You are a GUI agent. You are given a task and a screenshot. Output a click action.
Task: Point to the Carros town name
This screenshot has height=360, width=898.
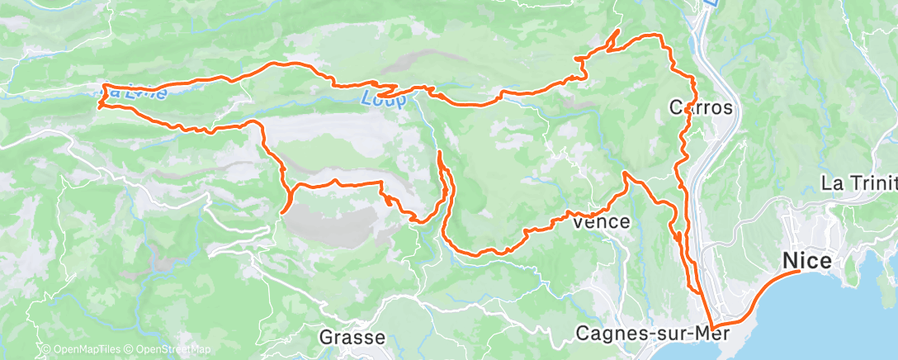tap(700, 107)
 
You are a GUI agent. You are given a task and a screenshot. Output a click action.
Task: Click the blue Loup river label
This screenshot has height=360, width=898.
tap(383, 100)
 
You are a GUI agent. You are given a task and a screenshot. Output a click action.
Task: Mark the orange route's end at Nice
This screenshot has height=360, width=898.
tap(799, 270)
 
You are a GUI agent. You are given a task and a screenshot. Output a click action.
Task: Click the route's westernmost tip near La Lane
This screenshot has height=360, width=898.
tap(99, 107)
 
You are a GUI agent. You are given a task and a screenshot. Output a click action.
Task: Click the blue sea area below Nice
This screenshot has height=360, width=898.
tap(825, 322)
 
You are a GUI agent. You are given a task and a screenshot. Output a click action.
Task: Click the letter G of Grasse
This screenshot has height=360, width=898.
tap(326, 337)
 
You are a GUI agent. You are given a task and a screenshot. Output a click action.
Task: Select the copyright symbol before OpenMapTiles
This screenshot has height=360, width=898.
tap(46, 350)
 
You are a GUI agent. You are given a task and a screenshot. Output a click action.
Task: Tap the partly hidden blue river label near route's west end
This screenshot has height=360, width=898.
tap(132, 92)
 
